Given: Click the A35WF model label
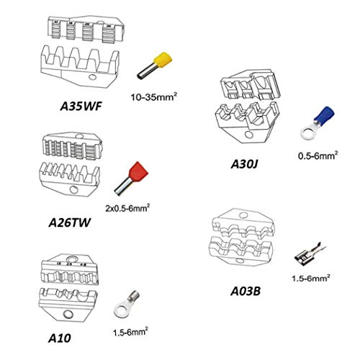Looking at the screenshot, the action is point(81,106).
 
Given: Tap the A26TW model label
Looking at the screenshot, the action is point(70,222).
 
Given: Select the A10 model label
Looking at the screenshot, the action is point(60,338).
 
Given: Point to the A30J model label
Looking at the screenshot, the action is point(244,164).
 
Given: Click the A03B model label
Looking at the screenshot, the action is point(246,292).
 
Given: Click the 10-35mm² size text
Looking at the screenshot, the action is point(154,97).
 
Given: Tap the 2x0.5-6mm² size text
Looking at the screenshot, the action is point(127,208).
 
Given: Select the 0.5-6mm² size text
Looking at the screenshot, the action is point(318,156).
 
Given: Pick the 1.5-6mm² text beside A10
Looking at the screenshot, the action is point(130,332).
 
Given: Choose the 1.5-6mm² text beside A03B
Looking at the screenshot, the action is point(311,278).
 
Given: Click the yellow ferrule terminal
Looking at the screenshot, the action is point(156,65).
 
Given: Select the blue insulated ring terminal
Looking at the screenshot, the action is point(318,123).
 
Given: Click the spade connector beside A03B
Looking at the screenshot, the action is point(310,255).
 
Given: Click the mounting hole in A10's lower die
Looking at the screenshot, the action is point(68,314).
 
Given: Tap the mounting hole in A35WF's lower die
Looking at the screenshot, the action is point(92,77).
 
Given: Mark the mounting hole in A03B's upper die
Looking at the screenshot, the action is point(243,215).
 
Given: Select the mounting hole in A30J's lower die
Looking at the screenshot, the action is point(249,135).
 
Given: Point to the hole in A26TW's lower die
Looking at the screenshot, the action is point(74,189).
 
